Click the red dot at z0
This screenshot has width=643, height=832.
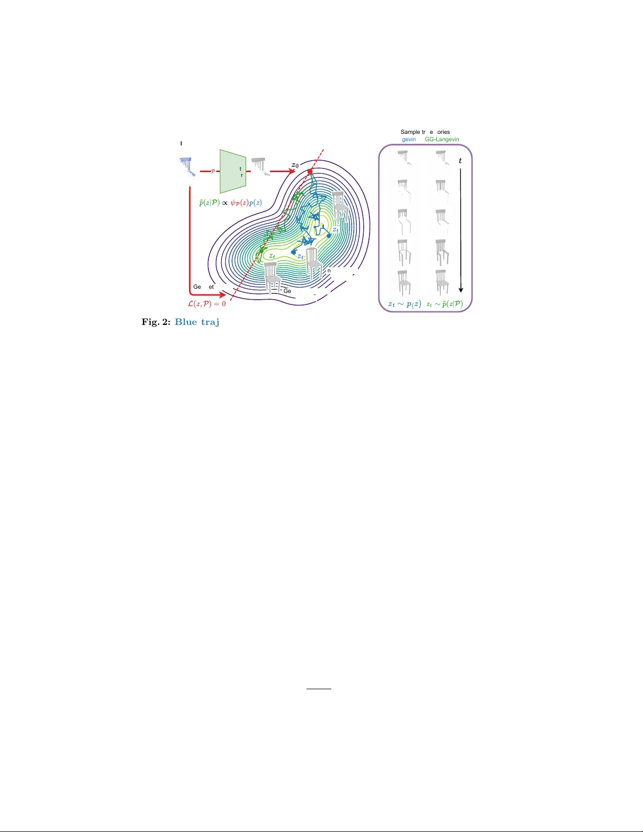(310, 172)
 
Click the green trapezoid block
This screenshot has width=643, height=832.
(233, 171)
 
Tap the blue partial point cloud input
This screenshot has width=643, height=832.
(187, 168)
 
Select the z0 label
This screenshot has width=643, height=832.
(295, 165)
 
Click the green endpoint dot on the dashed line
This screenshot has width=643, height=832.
(261, 251)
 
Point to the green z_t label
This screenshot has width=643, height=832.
(272, 256)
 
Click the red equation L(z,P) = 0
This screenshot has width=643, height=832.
(207, 303)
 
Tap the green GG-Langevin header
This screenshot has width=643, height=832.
(442, 139)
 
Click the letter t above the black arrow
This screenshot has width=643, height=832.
(460, 161)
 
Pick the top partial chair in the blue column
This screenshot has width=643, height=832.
(403, 157)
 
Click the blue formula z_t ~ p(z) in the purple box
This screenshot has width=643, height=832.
(404, 303)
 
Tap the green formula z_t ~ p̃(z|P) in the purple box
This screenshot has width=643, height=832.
(445, 303)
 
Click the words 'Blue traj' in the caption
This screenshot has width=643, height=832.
(197, 322)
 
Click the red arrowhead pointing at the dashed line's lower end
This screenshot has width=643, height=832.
(223, 295)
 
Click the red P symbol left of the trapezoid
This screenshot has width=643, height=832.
(213, 172)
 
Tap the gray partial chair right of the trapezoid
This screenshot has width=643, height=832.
(260, 165)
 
